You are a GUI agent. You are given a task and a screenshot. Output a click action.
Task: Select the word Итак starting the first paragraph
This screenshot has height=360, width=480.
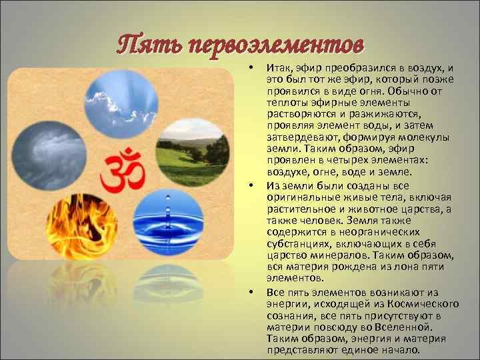tap(280, 68)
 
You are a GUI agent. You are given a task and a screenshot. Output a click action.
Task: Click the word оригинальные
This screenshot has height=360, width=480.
tap(297, 197)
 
